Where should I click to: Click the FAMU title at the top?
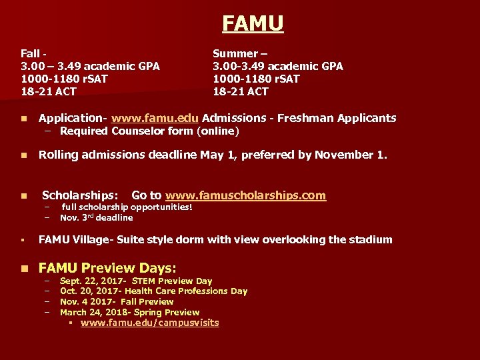pyautogui.click(x=253, y=23)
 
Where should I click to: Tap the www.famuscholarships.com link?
pyautogui.click(x=245, y=195)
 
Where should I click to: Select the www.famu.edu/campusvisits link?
pyautogui.click(x=149, y=323)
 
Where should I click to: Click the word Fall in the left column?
pyautogui.click(x=30, y=53)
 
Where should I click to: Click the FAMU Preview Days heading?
pyautogui.click(x=107, y=268)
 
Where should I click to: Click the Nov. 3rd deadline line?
pyautogui.click(x=96, y=217)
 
